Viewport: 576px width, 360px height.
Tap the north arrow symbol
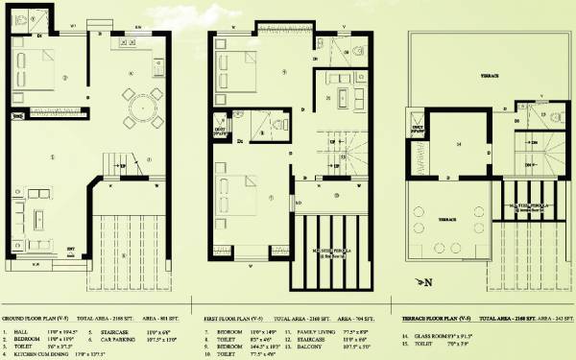pyautogui.click(x=422, y=282)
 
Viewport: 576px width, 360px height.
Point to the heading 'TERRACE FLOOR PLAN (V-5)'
pyautogui.click(x=435, y=317)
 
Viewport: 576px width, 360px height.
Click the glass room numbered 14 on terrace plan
pyautogui.click(x=458, y=145)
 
